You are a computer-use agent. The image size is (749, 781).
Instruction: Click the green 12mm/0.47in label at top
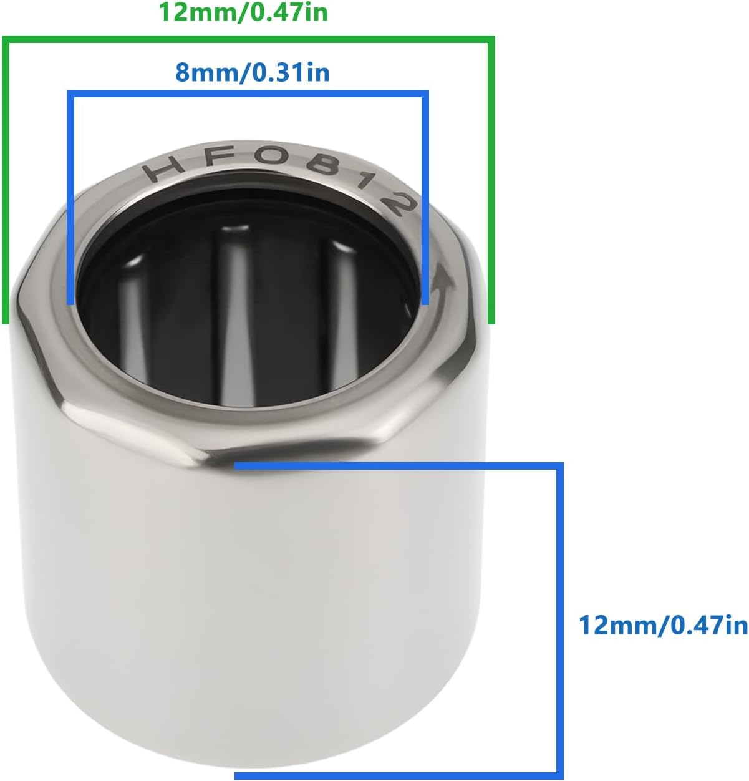click(244, 12)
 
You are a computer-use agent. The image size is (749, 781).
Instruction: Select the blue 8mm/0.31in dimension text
click(252, 73)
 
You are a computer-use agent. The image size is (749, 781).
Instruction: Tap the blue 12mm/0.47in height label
click(663, 624)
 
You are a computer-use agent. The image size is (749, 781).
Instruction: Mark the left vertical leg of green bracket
click(6, 181)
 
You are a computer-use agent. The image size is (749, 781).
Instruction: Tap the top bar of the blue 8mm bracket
click(248, 94)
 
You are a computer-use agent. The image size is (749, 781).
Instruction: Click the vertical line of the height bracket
click(559, 621)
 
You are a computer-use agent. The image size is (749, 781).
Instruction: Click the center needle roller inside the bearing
click(235, 306)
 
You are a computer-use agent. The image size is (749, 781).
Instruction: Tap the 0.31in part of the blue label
click(289, 73)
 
